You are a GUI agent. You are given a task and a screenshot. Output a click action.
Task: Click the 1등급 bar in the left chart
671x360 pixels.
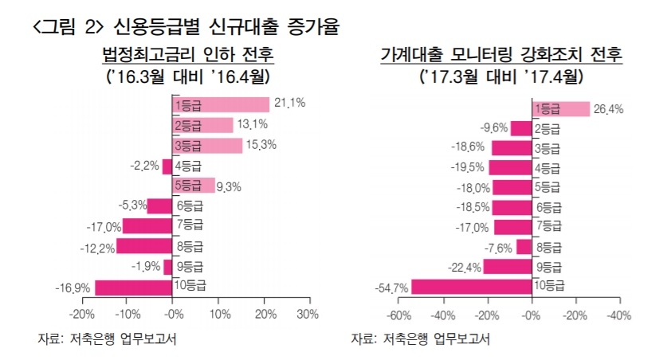click(x=221, y=105)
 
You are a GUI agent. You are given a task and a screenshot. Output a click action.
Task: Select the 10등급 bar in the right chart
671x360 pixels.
click(x=471, y=286)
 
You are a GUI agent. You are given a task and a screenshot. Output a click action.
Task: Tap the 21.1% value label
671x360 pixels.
click(x=289, y=103)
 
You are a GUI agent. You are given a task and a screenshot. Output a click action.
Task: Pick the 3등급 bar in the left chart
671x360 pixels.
click(x=207, y=146)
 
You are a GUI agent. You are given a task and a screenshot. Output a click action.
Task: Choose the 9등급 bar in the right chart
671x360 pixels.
click(x=507, y=266)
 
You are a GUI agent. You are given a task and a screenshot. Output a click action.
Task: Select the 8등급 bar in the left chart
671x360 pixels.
click(x=144, y=246)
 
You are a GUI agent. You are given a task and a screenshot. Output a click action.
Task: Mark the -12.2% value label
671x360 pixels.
click(x=98, y=248)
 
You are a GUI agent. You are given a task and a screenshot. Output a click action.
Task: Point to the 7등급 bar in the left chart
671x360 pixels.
click(x=147, y=225)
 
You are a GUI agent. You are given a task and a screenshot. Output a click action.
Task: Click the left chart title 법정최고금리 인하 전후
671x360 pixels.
click(x=187, y=56)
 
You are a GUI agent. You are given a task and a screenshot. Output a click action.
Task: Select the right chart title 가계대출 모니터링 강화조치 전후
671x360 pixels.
click(x=501, y=56)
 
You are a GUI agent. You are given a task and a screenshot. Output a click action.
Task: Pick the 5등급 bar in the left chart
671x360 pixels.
click(x=194, y=186)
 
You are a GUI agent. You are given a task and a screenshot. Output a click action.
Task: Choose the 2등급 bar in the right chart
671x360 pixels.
click(x=521, y=128)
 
